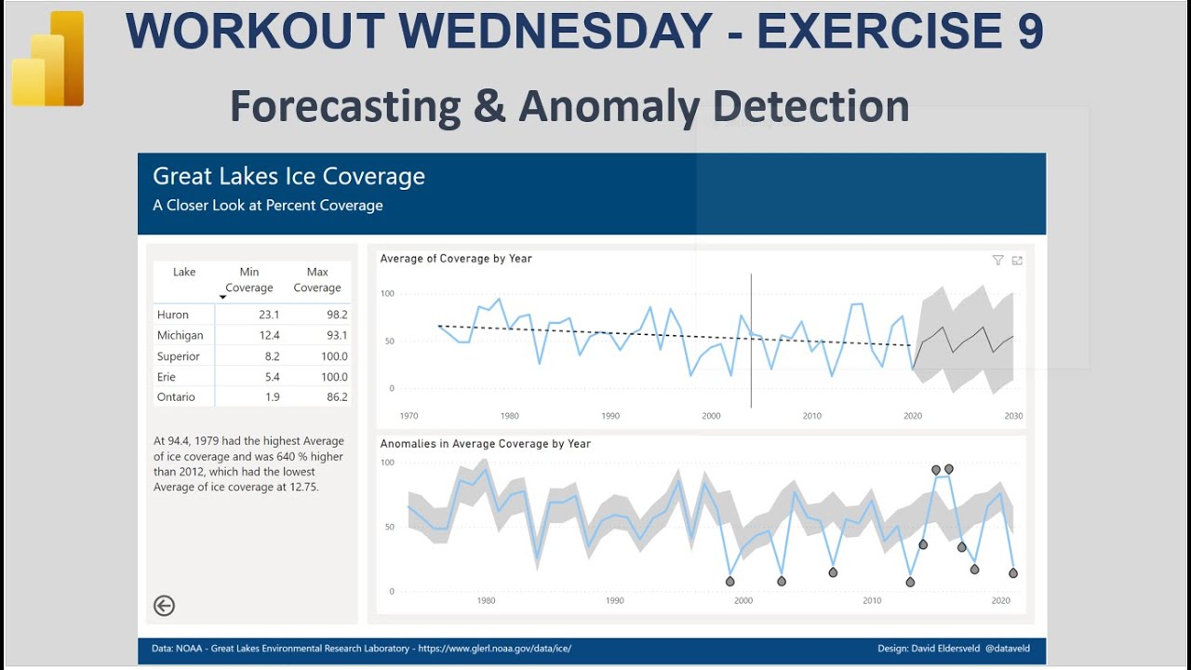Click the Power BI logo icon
pos(48,59)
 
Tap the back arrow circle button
pos(164,606)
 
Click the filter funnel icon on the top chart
pos(997,261)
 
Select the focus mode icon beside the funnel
pos(1017,261)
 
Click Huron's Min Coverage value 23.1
pos(269,315)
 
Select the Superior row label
pos(178,356)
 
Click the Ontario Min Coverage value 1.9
pos(272,397)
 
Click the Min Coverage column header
pos(249,280)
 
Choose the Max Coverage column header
pos(317,280)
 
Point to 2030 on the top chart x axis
pos(1013,416)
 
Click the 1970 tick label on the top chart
pos(408,416)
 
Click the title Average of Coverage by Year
pos(456,259)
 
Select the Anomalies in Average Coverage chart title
pos(485,444)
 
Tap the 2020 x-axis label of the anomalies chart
pos(1000,601)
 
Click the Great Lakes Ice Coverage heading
pos(288,177)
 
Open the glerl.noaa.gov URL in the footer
pos(494,649)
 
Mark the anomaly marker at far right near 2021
pos(1013,573)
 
